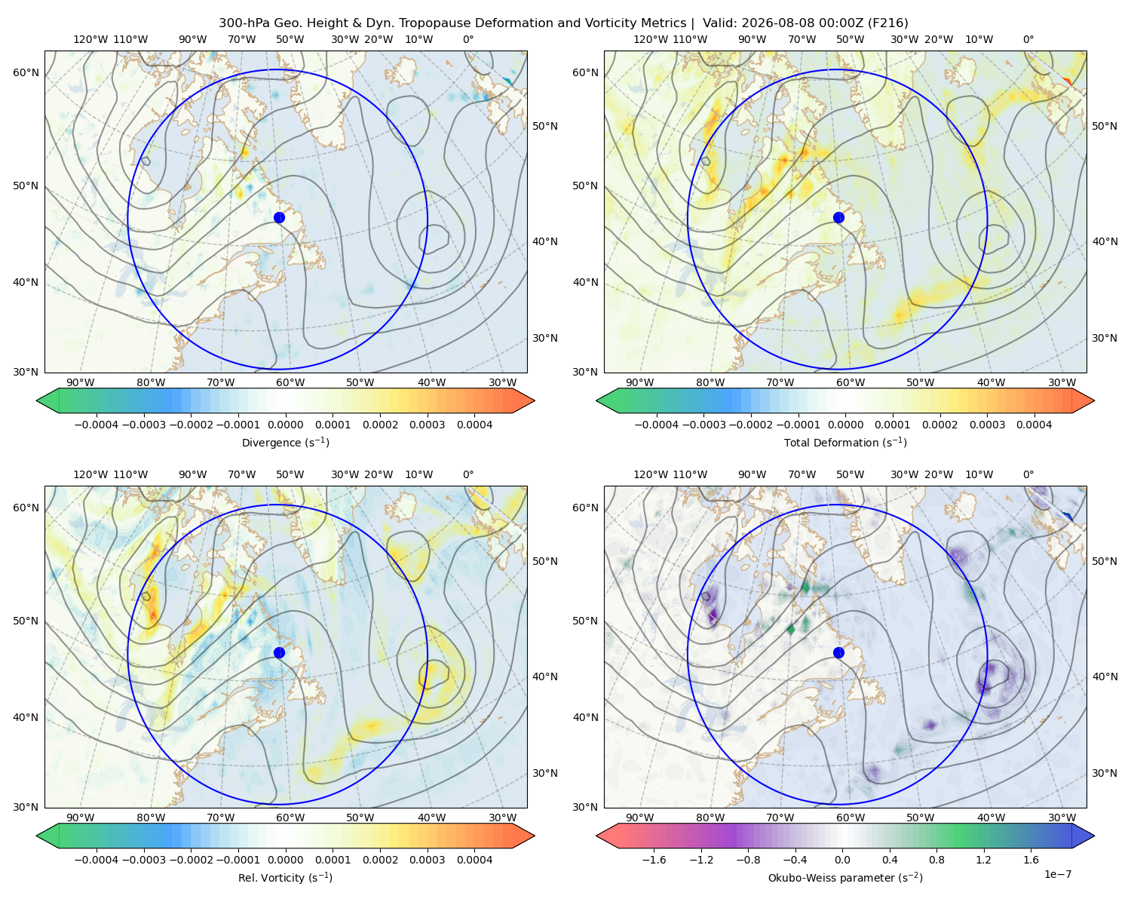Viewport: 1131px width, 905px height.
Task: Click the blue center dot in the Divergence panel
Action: (279, 218)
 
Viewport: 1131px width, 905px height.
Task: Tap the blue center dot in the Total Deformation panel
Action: (838, 218)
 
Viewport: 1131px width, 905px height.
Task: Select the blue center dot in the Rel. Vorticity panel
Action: (279, 652)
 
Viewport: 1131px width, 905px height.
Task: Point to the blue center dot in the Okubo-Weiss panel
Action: (838, 652)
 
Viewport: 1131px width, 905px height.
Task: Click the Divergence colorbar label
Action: (285, 443)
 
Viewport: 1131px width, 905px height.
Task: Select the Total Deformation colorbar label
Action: (845, 443)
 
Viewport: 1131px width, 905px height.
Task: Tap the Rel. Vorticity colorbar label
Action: (285, 878)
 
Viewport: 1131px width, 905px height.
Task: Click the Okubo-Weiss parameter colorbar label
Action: (845, 878)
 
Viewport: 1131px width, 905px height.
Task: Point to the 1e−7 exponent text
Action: (1057, 874)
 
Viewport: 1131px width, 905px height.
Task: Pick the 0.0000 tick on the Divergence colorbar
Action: (285, 425)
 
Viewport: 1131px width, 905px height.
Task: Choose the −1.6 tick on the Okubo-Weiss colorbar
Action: (654, 860)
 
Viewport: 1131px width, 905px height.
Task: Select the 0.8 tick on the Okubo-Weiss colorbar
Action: (936, 860)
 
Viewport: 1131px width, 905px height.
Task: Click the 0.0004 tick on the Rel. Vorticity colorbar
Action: (474, 860)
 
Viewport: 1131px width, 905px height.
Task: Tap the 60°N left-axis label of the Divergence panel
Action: (26, 72)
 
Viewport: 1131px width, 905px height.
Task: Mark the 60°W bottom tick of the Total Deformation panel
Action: (851, 383)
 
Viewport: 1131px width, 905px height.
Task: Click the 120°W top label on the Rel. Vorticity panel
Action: (90, 474)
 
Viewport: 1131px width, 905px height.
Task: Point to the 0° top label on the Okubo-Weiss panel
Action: (1028, 474)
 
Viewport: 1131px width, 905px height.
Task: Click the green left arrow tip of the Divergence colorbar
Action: (37, 400)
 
